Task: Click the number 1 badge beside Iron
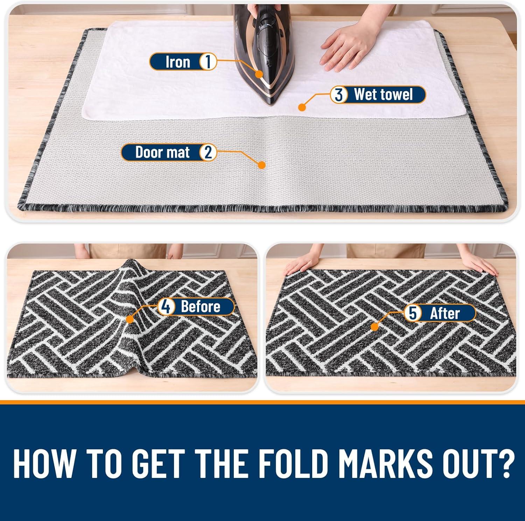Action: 208,62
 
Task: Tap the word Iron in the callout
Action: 177,62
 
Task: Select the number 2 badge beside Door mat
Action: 208,153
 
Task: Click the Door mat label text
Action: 162,153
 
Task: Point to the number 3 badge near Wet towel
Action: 338,95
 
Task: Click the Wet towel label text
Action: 383,94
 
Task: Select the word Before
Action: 201,307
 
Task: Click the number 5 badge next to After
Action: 413,313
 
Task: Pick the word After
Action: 444,313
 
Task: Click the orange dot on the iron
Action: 259,74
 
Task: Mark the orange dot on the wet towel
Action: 300,107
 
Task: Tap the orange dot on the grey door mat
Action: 261,165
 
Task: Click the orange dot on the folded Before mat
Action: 130,319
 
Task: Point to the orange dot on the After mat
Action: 374,327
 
